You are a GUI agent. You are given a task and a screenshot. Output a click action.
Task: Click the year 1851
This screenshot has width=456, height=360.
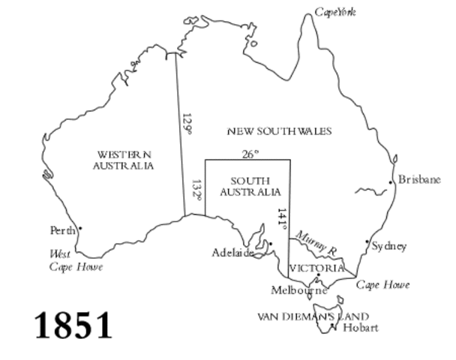[73, 325]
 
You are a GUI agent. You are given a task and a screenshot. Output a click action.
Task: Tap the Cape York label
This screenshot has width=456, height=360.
[334, 12]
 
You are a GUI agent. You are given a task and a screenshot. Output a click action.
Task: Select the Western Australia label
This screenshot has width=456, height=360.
[123, 160]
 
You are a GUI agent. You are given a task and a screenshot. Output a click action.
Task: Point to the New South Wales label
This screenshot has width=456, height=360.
[279, 131]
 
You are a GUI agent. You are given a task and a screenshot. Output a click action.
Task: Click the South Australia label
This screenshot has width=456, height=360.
[250, 186]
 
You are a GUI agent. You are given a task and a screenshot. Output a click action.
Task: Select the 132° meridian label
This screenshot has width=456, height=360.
[196, 189]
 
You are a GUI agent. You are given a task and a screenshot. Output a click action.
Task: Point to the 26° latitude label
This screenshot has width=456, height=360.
[250, 154]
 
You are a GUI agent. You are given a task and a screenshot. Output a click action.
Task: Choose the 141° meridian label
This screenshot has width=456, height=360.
[281, 218]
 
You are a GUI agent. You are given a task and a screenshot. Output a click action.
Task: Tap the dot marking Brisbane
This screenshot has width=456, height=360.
[391, 182]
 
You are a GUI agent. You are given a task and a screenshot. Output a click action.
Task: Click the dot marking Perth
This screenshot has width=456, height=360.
[79, 228]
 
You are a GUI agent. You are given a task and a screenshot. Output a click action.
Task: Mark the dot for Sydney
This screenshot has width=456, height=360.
[367, 241]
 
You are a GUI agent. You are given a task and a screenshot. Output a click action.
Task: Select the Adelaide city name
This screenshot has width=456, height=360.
[233, 253]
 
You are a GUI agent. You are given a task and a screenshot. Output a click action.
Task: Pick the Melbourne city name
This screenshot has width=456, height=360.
[299, 289]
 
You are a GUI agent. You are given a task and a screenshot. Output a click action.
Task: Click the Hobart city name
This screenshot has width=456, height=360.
[360, 328]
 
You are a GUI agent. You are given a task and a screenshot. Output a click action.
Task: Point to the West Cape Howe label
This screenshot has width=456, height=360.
[76, 260]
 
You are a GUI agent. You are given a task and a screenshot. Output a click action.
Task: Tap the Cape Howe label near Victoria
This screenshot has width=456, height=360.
[382, 285]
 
